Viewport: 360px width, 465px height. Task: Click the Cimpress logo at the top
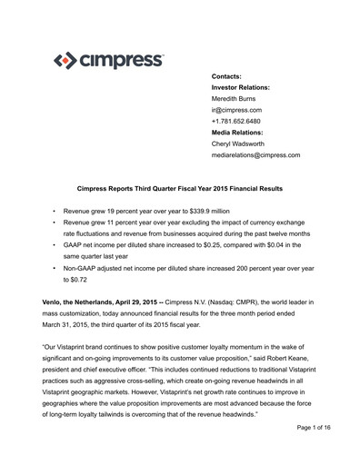[x=107, y=63]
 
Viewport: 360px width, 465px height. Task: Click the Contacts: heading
[x=231, y=74]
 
